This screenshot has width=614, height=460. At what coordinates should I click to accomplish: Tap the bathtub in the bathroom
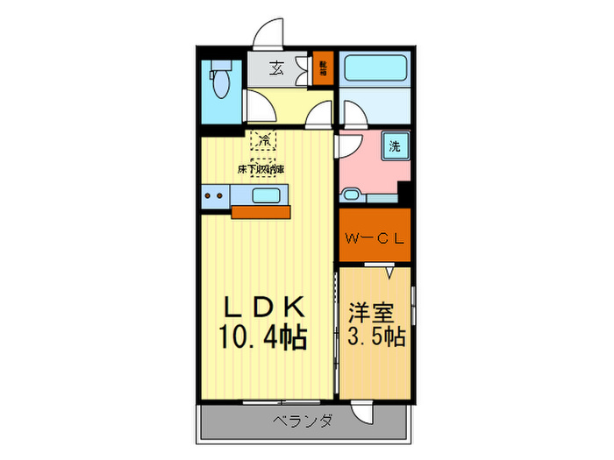point(372,69)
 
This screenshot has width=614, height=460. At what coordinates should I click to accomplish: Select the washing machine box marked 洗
point(395,146)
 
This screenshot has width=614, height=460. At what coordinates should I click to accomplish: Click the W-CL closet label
point(375,237)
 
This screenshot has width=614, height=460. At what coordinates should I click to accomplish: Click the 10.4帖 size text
point(263,336)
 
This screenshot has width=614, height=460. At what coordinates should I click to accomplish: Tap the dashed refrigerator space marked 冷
point(264,139)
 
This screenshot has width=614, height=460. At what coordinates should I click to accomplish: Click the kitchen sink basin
point(265,195)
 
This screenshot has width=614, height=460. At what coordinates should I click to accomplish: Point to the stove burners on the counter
point(213,195)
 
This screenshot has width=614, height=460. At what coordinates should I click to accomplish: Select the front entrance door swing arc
point(269,32)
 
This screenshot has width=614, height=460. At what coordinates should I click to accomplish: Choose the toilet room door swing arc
point(258,108)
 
